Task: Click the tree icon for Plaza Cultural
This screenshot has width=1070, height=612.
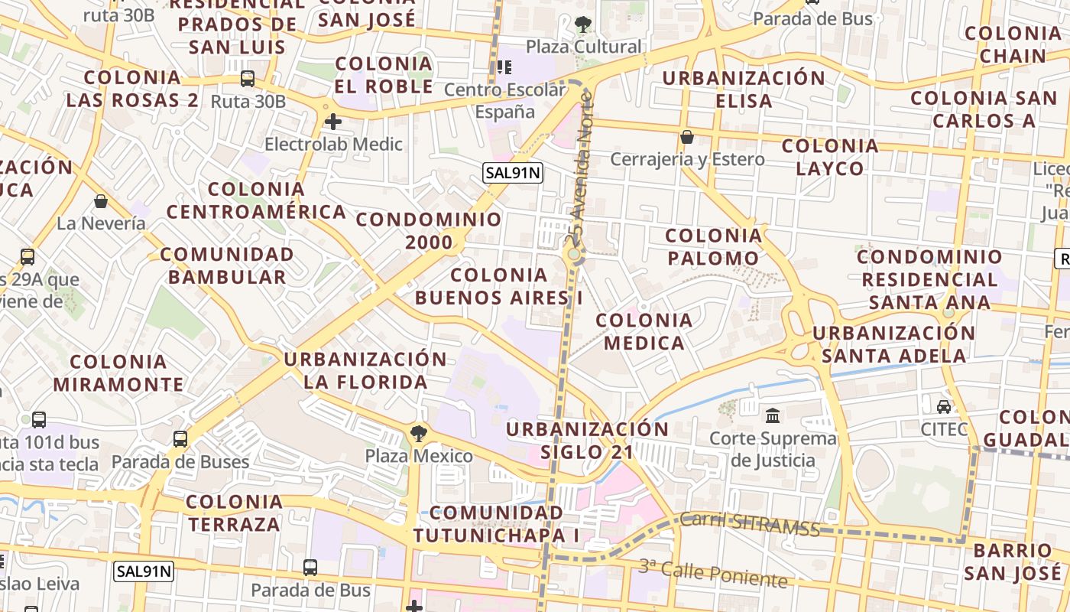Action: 583,24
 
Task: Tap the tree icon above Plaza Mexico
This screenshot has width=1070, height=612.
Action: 418,435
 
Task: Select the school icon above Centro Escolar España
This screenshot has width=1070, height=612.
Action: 504,67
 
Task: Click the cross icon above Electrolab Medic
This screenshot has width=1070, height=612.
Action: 332,121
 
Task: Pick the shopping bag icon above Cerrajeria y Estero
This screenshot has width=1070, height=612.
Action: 687,137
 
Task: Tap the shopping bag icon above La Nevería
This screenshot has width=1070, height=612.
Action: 101,201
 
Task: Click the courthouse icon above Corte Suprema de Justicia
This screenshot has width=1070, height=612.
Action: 772,416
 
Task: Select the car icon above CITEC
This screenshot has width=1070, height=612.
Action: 944,406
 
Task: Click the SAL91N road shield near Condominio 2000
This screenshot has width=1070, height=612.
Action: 512,173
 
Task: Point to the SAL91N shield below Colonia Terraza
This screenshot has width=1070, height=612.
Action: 144,571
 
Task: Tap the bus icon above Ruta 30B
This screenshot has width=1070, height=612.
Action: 248,78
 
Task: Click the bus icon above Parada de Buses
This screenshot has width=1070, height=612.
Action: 180,439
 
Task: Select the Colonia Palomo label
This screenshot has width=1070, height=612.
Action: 714,246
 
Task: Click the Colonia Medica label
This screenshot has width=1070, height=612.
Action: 644,331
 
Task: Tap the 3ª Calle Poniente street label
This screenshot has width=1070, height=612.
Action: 712,573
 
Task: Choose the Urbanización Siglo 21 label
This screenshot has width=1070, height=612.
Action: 587,440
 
